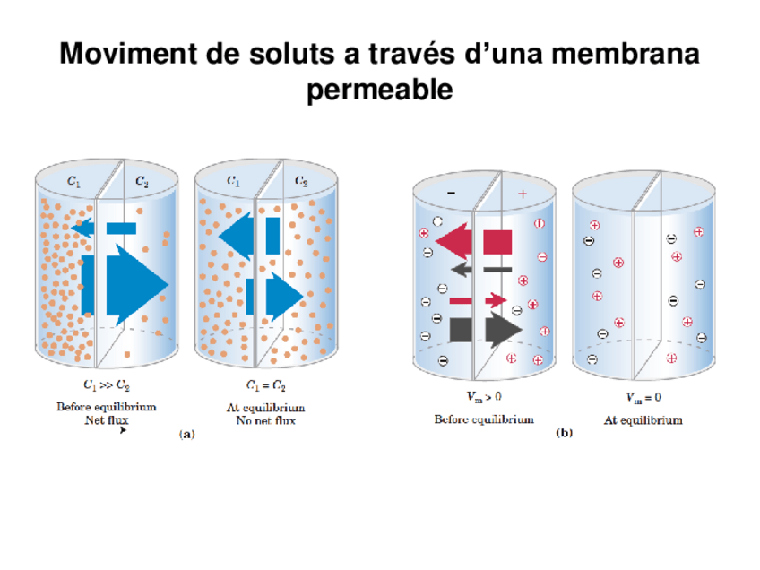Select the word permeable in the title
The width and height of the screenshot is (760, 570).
tap(380, 91)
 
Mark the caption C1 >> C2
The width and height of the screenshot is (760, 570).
tap(106, 387)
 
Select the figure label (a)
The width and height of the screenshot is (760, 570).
tap(186, 434)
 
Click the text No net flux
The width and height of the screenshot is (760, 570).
tap(265, 420)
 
